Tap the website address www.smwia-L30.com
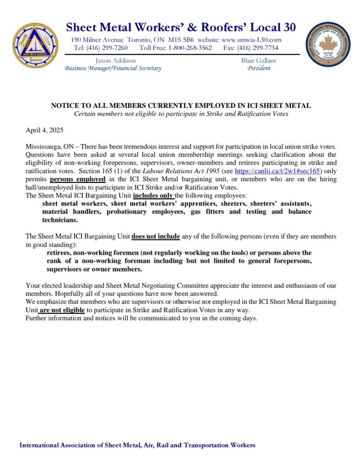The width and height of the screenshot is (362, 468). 252,39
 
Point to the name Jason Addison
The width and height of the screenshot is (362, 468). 116,60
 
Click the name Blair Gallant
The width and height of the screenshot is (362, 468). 259,60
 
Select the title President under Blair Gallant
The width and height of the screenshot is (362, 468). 259,68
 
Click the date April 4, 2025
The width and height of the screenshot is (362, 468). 44,130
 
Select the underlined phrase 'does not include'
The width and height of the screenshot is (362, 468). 156,236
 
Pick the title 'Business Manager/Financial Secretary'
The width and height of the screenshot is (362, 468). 113,68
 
